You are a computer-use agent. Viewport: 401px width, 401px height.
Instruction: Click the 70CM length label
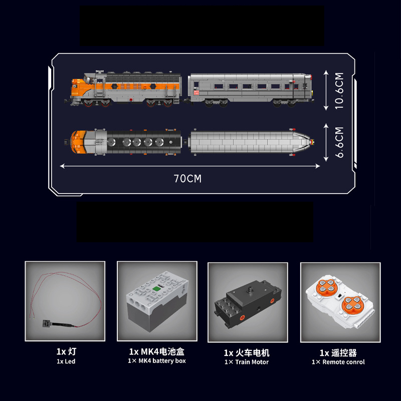(187, 178)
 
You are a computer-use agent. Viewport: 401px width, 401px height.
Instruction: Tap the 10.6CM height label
(339, 91)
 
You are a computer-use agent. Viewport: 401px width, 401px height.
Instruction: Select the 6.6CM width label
(339, 142)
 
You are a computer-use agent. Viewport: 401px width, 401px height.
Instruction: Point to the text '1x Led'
(66, 361)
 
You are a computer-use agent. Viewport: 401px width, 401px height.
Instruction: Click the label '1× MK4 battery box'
(157, 361)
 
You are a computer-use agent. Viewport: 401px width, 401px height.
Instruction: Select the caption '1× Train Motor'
(247, 362)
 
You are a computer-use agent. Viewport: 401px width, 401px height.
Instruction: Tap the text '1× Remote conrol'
(338, 362)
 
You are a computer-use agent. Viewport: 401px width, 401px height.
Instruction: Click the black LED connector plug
(47, 324)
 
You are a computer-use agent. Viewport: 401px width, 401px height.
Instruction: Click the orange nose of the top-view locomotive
(78, 142)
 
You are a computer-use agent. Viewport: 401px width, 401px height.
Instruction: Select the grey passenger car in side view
(250, 90)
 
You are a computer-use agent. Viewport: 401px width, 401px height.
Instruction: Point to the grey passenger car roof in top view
(251, 142)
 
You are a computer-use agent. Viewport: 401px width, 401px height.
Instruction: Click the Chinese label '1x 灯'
(66, 351)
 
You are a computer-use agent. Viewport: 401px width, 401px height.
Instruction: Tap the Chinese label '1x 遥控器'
(338, 353)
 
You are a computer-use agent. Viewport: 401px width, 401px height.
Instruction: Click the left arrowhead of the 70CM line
(62, 166)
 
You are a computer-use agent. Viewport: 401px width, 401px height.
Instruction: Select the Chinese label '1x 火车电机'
(247, 353)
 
